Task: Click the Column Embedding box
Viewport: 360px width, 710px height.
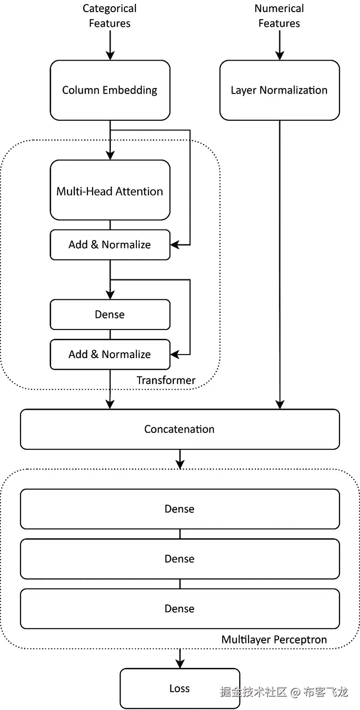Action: coord(110,90)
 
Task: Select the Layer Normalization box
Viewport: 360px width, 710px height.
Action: coord(279,90)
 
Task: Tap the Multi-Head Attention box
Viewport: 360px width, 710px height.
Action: coord(110,191)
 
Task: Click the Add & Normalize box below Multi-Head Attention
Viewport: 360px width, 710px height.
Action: coord(110,245)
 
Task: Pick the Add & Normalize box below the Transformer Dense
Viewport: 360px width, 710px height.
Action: coord(110,354)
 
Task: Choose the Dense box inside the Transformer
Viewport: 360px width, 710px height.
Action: coord(110,314)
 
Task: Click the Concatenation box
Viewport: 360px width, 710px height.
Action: coord(180,429)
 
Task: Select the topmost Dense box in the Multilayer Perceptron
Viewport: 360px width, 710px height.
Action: coord(180,508)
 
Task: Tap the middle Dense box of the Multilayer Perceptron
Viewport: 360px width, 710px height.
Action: coord(180,558)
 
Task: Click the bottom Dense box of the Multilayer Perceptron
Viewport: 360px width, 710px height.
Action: coord(180,608)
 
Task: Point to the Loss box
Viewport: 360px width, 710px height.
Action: coord(180,688)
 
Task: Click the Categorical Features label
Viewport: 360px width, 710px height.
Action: coord(110,16)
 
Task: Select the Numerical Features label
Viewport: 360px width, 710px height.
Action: coord(279,16)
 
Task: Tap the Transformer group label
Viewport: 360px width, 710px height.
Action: coord(166,380)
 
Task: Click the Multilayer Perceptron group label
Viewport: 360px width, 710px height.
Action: coord(274,639)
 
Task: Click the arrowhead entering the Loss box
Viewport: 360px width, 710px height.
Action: coord(180,663)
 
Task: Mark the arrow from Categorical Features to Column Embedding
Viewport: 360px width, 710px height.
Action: coord(110,45)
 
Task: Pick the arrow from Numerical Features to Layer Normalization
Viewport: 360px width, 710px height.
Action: coord(280,45)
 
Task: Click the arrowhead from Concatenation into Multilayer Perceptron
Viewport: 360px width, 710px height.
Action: coord(180,464)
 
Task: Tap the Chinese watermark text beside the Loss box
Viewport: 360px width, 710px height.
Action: coord(284,691)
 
